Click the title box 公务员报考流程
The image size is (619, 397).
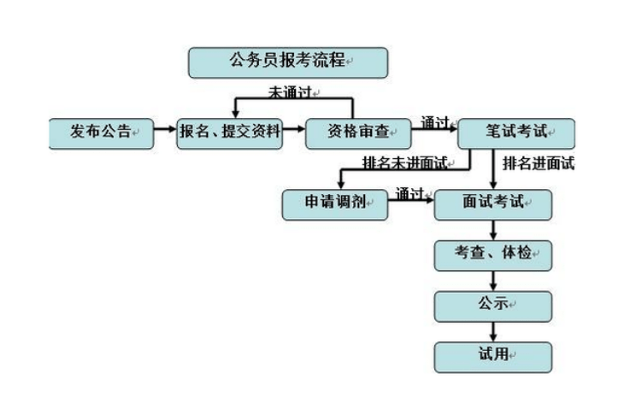pyautogui.click(x=287, y=62)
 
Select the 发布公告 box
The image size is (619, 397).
pyautogui.click(x=102, y=133)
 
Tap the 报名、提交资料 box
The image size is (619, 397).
pyautogui.click(x=230, y=133)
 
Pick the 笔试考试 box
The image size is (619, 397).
pyautogui.click(x=516, y=134)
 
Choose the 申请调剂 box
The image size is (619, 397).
pyautogui.click(x=335, y=203)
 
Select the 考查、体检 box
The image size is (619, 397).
pyautogui.click(x=492, y=254)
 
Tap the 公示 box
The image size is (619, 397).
pyautogui.click(x=492, y=304)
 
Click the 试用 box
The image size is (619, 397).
pyautogui.click(x=492, y=354)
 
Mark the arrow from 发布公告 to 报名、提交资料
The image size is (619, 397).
pyautogui.click(x=165, y=133)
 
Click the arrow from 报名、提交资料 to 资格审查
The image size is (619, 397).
pyautogui.click(x=293, y=133)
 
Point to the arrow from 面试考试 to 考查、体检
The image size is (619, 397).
pyautogui.click(x=493, y=229)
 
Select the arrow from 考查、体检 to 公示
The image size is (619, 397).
pyautogui.click(x=493, y=280)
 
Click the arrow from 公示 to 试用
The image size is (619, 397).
pyautogui.click(x=493, y=329)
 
